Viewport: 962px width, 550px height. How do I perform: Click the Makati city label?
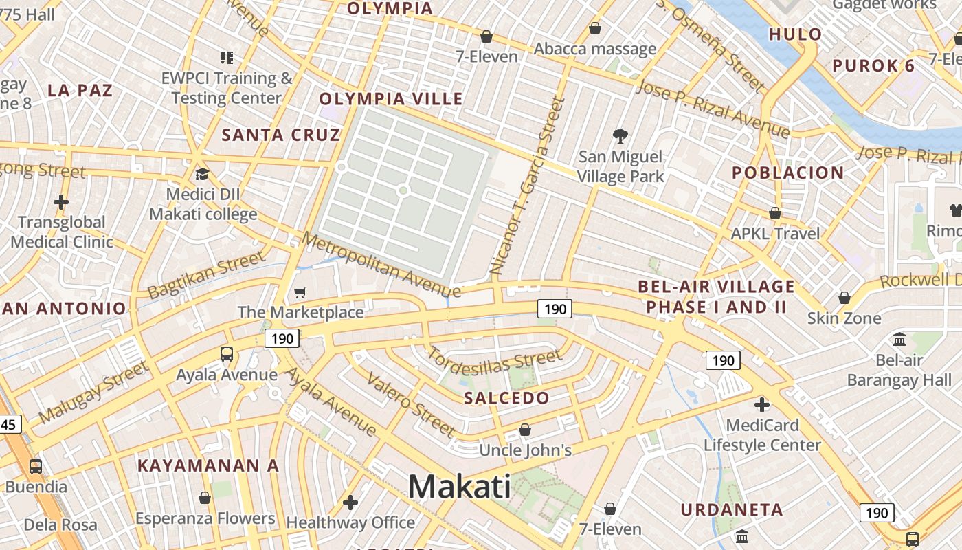click(x=459, y=487)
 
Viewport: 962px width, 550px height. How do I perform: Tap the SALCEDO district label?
click(x=506, y=398)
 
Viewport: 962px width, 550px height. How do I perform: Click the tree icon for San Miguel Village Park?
click(x=620, y=135)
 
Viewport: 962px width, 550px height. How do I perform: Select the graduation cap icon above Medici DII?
click(x=202, y=174)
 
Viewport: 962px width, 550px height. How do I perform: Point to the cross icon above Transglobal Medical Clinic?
click(x=61, y=202)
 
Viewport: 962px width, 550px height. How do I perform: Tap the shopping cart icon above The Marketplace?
click(x=300, y=293)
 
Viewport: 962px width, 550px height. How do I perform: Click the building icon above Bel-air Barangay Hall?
click(x=899, y=339)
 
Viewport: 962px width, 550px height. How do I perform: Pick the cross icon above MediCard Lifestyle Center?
click(x=761, y=404)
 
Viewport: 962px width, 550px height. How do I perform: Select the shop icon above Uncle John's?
click(x=525, y=430)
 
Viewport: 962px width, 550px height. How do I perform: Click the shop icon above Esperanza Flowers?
click(x=204, y=498)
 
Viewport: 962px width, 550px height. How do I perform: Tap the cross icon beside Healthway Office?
click(x=350, y=503)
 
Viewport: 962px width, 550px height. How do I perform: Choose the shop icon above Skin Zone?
click(x=844, y=298)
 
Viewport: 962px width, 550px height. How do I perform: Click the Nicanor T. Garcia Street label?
click(x=527, y=187)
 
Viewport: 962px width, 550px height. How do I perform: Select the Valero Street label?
click(x=410, y=404)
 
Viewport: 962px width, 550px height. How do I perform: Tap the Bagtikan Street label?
click(x=206, y=275)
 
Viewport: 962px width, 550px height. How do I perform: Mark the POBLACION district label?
click(x=787, y=173)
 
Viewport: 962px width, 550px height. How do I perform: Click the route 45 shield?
click(x=9, y=424)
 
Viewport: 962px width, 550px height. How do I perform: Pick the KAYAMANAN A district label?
click(x=208, y=465)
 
